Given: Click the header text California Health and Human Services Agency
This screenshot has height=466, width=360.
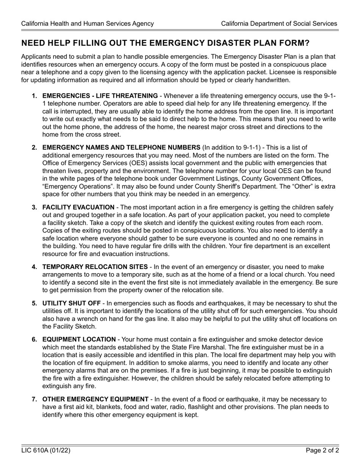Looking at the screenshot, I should (88, 23).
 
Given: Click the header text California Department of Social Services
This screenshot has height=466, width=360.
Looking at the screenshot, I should (279, 23).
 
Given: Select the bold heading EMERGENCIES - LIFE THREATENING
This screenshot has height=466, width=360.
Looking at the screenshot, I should (100, 96).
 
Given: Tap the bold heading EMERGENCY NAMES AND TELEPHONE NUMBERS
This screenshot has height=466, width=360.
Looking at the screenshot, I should (121, 147).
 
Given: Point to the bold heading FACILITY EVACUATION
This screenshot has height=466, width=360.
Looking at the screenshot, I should (78, 207).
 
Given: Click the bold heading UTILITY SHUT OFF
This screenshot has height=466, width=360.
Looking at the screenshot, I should (71, 303).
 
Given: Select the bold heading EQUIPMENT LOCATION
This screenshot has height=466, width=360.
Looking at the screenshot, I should (79, 339).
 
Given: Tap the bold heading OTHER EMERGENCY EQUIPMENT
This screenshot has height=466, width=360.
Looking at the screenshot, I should (95, 399).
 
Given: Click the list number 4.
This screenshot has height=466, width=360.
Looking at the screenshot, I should (34, 267).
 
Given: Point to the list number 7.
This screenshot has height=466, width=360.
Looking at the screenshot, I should (34, 399).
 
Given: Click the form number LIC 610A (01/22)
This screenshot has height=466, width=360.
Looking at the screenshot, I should (45, 450).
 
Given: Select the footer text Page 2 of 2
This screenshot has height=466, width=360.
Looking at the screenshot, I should (322, 450).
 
